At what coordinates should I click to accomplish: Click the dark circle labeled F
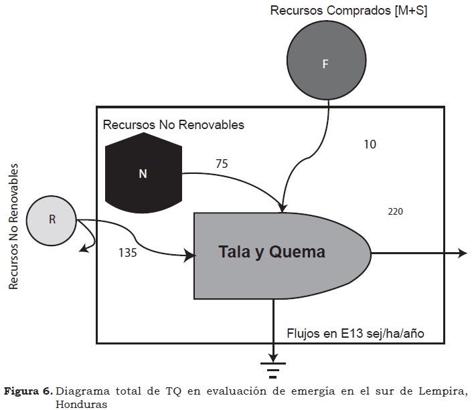tap(325, 64)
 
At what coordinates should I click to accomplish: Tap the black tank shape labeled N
tap(142, 172)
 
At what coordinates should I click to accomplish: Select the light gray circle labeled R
tap(52, 219)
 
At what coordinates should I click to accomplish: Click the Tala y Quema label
tap(272, 252)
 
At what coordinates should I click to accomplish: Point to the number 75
tap(222, 163)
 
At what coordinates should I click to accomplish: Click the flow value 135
tap(128, 252)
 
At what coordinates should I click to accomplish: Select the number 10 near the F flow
tap(370, 144)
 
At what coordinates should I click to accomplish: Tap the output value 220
tap(395, 212)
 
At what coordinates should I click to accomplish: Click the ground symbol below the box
tap(273, 369)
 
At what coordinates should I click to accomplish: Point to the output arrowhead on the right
tap(462, 253)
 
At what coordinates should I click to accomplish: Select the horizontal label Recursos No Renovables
tap(173, 124)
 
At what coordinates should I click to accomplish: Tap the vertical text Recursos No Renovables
tap(13, 227)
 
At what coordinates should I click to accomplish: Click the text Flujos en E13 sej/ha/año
tap(354, 332)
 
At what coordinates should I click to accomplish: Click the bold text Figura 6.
tap(29, 391)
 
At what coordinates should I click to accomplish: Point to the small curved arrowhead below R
tap(83, 249)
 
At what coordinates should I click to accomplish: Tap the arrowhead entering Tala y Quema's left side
tap(190, 254)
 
